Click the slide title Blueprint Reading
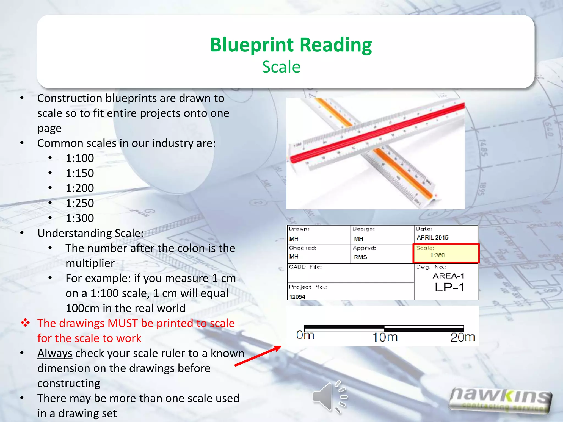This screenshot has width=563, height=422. [291, 45]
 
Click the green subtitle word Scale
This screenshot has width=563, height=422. [281, 67]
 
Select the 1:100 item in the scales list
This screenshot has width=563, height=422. [80, 158]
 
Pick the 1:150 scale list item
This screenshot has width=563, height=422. [80, 173]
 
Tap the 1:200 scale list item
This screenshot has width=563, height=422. [80, 188]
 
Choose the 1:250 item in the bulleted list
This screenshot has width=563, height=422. [80, 203]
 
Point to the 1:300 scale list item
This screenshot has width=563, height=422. [80, 218]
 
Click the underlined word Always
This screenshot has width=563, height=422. [55, 353]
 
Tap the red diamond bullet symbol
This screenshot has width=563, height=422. [25, 323]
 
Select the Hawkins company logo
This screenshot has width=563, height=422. [500, 400]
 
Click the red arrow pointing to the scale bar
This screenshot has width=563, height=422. [258, 356]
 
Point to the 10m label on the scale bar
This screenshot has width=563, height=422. [385, 337]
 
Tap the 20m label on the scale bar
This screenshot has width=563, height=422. [463, 337]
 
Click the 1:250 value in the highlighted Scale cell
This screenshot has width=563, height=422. [437, 255]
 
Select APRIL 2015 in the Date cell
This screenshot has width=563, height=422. [432, 238]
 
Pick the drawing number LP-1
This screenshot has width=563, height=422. [449, 288]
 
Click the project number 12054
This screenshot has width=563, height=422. [297, 297]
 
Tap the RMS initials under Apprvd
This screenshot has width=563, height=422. [360, 257]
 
